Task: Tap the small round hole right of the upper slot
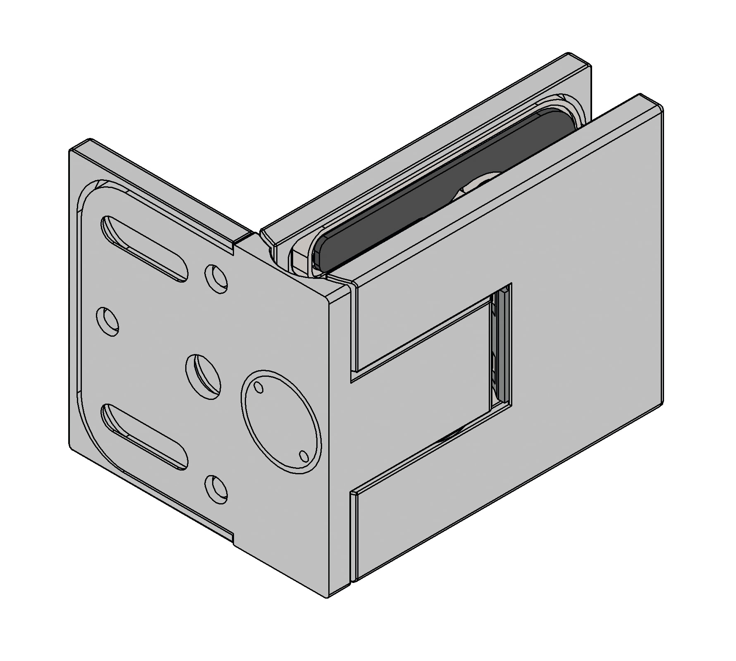coord(216,278)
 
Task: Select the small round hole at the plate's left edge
coord(108,322)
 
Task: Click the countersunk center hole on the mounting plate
coord(203,376)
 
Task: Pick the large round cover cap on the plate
coord(281,421)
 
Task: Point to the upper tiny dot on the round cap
coord(259,387)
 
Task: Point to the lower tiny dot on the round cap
coord(304,456)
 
